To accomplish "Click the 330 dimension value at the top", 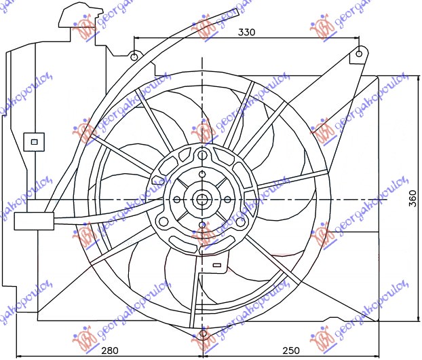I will pyautogui.click(x=248, y=32).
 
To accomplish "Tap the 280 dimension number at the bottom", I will pyautogui.click(x=110, y=350).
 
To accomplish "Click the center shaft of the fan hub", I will pyautogui.click(x=202, y=200).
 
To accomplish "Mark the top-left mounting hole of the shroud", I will pyautogui.click(x=134, y=56).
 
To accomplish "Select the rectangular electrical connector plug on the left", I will pyautogui.click(x=32, y=221).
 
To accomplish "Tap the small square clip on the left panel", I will pyautogui.click(x=31, y=142).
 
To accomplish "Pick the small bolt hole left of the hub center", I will pyautogui.click(x=176, y=200).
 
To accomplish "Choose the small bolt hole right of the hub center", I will pyautogui.click(x=228, y=200).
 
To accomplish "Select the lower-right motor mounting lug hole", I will pyautogui.click(x=242, y=222).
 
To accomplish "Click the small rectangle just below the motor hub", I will pyautogui.click(x=216, y=264).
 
